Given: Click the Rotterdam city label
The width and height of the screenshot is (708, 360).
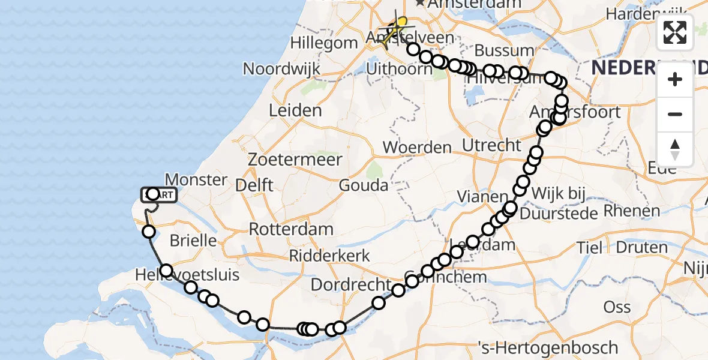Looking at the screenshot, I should [291, 229].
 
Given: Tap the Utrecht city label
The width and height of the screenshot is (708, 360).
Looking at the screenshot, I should [491, 145].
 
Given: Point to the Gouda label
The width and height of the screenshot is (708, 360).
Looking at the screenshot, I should [364, 185].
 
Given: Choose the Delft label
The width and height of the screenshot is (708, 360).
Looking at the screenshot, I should [254, 185].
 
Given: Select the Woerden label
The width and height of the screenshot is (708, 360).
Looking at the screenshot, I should [417, 147].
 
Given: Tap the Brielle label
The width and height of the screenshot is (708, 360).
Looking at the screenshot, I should [193, 241].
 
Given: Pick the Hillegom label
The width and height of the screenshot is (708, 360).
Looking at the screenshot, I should [324, 43].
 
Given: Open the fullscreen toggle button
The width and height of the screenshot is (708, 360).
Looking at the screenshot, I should [675, 32].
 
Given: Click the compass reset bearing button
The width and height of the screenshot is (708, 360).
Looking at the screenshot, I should [675, 149].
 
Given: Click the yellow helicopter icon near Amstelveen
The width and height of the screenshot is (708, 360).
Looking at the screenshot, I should [396, 28].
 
